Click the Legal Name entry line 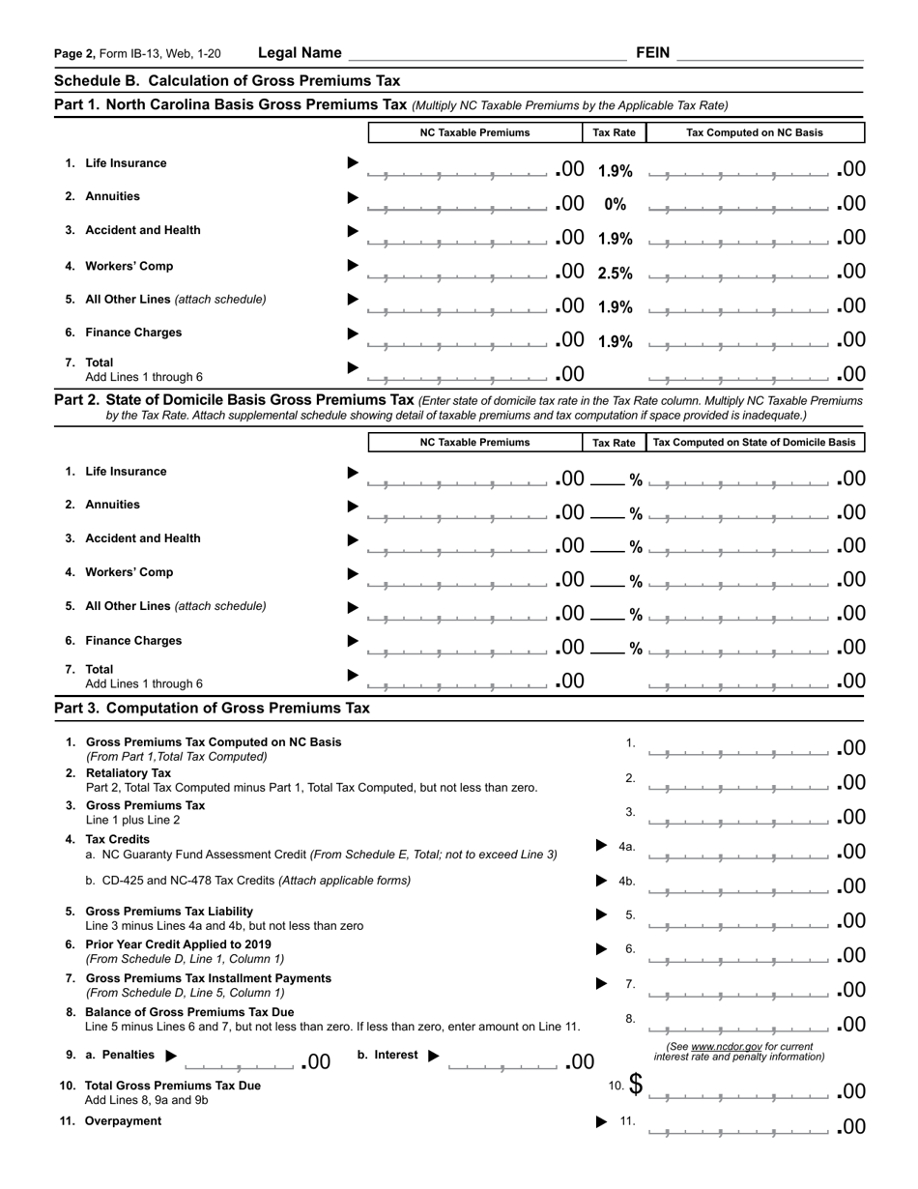coord(486,54)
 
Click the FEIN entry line coord(769,54)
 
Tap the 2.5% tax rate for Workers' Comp coord(615,274)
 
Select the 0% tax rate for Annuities coord(615,205)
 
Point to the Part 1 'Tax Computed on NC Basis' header coord(755,132)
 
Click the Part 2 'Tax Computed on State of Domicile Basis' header coord(755,443)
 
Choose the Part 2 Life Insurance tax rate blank coord(608,479)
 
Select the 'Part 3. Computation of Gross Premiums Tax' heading coord(212,708)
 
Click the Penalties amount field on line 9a coord(240,1063)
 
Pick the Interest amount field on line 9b coord(503,1063)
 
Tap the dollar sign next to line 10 coord(635,1084)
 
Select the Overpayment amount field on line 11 coord(738,1127)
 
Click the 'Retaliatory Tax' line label coord(129,773)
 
